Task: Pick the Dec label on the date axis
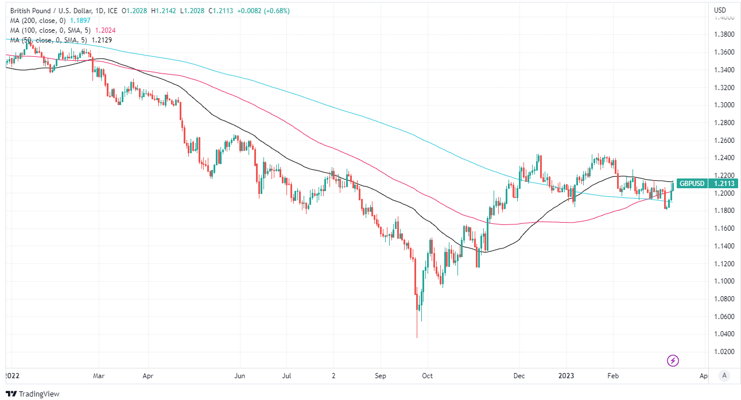(x=518, y=376)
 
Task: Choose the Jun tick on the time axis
(x=240, y=376)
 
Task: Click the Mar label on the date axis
(x=98, y=376)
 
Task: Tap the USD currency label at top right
(x=720, y=10)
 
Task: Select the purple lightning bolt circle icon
(x=673, y=360)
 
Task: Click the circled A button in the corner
(x=724, y=375)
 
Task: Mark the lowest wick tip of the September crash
(x=417, y=338)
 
